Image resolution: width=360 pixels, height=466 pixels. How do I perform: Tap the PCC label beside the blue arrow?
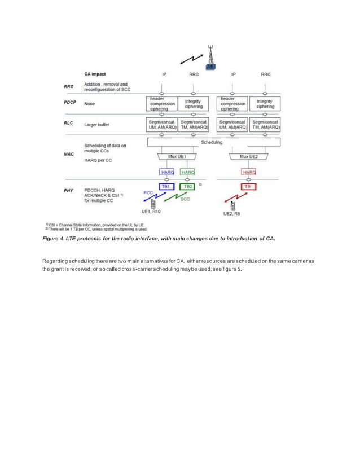(x=148, y=192)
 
